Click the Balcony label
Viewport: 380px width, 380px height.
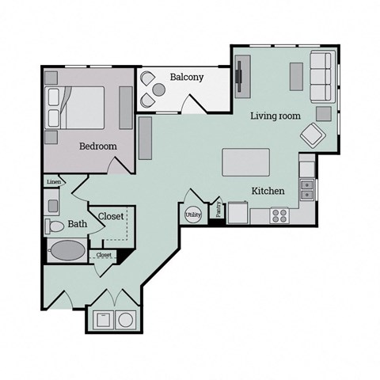[187, 78]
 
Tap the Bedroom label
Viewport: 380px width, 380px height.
[98, 146]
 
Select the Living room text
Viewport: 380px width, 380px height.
[275, 116]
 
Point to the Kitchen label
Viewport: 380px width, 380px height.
[268, 192]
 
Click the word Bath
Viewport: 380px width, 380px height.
[78, 225]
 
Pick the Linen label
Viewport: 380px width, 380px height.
[54, 183]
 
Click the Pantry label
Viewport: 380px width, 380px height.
[218, 210]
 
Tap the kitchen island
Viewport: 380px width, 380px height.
[245, 162]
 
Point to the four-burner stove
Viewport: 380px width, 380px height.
[279, 214]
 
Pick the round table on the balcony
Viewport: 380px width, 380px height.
[159, 90]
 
